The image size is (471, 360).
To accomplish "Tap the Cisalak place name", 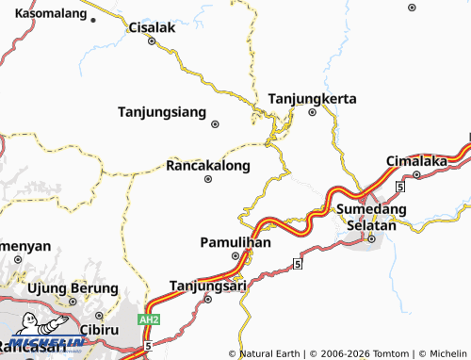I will click(x=152, y=27).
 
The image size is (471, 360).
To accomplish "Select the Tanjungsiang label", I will click(x=161, y=112).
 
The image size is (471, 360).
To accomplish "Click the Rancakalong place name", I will click(x=207, y=165).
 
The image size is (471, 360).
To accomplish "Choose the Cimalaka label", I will click(x=416, y=161).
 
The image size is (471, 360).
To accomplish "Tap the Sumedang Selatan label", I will click(x=371, y=217).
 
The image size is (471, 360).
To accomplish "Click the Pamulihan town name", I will click(x=235, y=242).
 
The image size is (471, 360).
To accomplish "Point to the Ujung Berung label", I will click(x=73, y=288).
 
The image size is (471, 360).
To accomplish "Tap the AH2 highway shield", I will click(x=148, y=320).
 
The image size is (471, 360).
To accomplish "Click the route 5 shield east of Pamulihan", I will click(x=297, y=264).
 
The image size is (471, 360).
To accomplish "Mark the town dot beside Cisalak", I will click(x=152, y=41).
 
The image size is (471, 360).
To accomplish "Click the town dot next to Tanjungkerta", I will click(x=314, y=112).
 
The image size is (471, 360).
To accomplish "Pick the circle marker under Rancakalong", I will click(x=208, y=179).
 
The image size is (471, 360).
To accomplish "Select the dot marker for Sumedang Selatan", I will click(x=372, y=237).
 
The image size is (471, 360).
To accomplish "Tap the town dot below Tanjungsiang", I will click(x=216, y=124).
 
